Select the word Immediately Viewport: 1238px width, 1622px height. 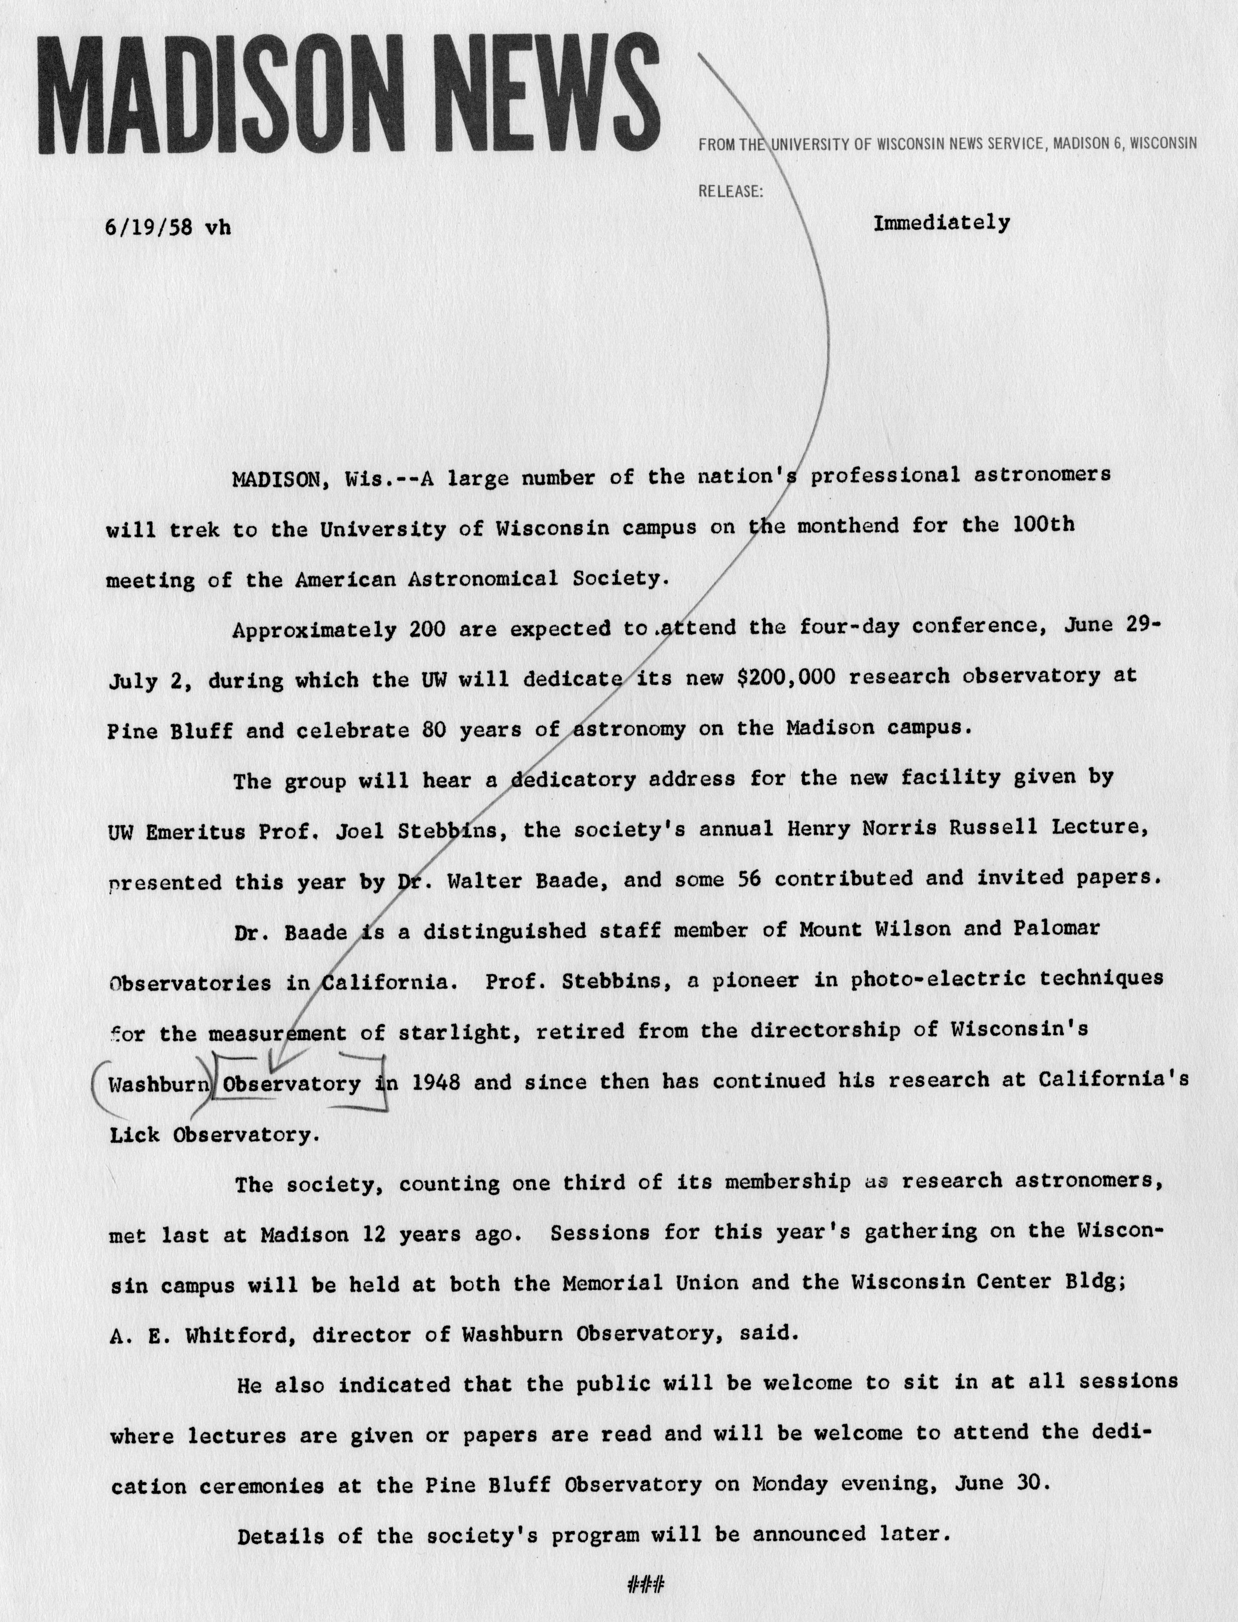[941, 223]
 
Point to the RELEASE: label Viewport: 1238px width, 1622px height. [730, 191]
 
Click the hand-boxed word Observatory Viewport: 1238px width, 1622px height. [292, 1084]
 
